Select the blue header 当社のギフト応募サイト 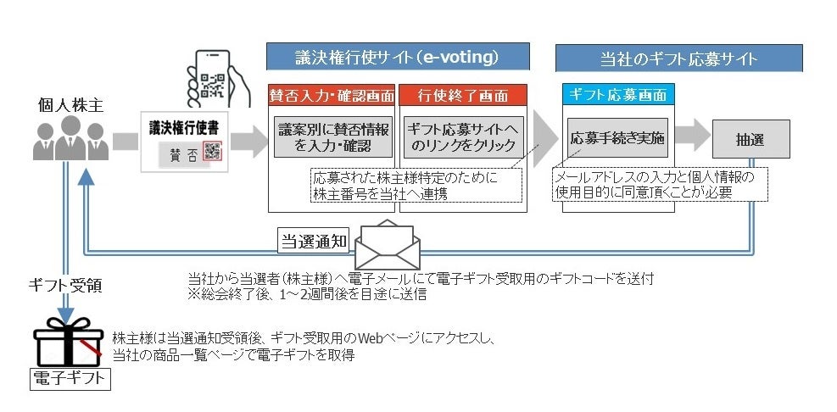[678, 58]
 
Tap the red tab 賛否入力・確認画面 [332, 94]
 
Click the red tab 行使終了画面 [463, 94]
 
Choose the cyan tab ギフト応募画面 [617, 94]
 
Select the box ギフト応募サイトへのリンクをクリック [463, 136]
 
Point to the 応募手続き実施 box [617, 136]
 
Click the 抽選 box [751, 137]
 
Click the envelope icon [386, 243]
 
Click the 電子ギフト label [70, 378]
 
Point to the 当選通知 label [315, 241]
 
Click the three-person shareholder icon [70, 139]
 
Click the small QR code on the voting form [212, 153]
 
